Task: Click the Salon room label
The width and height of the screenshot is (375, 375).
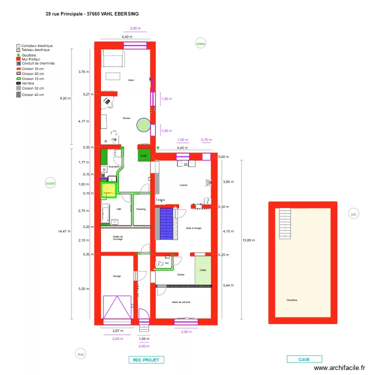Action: tap(130, 80)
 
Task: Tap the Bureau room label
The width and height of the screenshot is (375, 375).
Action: tap(127, 118)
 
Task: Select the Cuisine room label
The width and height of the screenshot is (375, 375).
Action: tap(183, 185)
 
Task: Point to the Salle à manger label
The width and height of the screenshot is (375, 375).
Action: tap(193, 228)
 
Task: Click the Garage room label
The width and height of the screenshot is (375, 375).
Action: tap(116, 276)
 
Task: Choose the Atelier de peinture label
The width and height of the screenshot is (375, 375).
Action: tap(181, 302)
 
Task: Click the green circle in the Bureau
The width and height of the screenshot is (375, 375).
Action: tap(144, 125)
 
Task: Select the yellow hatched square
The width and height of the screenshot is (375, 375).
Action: tap(108, 189)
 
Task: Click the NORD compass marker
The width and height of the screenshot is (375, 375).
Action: tap(200, 44)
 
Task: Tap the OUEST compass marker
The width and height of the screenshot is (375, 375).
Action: tap(50, 183)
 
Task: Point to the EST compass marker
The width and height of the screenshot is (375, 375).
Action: tap(353, 214)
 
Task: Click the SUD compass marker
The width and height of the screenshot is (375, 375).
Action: tap(80, 354)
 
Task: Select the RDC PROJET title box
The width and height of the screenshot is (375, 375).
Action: tap(146, 359)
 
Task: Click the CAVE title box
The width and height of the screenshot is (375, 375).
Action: tap(304, 359)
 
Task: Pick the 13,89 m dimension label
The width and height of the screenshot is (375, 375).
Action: tap(248, 240)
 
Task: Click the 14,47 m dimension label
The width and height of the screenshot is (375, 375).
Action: tap(63, 231)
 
